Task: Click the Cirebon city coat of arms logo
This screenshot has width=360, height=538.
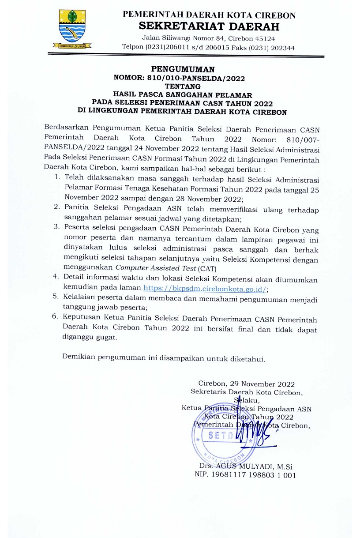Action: coord(73,28)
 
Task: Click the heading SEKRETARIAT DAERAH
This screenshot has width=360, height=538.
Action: coord(209,26)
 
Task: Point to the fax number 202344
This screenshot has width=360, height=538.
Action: coord(281,48)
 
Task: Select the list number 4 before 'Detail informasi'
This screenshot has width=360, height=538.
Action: coord(56,277)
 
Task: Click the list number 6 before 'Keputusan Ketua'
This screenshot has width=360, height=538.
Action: coord(56,317)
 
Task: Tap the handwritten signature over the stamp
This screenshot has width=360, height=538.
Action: coord(254,430)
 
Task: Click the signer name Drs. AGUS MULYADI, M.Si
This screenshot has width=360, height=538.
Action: coord(246,467)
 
